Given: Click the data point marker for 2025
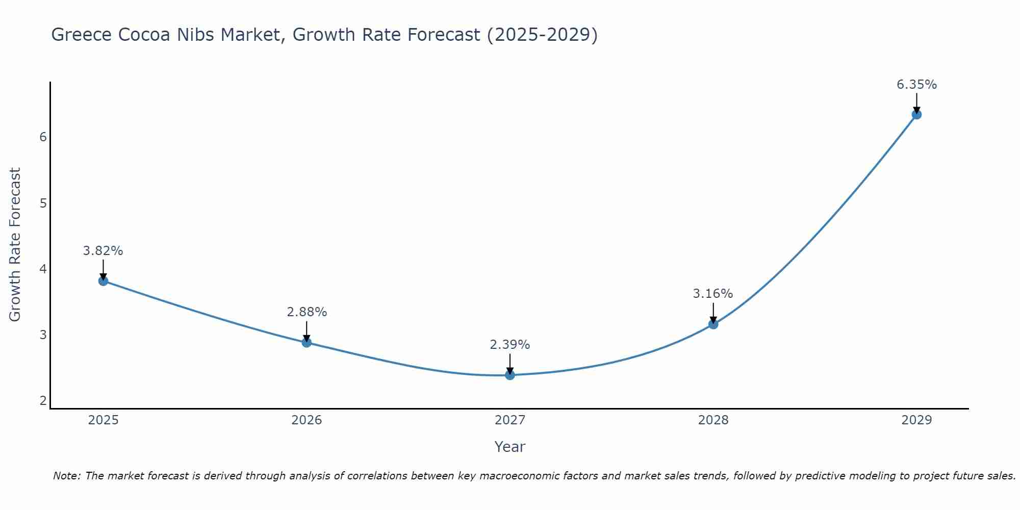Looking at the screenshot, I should tap(103, 280).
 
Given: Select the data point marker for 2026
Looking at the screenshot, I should tap(307, 342).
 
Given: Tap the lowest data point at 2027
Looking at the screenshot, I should tap(510, 375).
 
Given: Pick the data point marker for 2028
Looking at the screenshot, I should tap(713, 324).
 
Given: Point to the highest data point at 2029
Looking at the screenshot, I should tap(916, 114).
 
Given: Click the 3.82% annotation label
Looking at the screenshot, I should tap(103, 251).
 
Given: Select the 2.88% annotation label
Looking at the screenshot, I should tap(307, 312).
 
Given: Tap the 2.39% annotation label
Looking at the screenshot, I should tap(510, 345).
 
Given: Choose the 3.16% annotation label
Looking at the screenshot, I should tap(713, 294).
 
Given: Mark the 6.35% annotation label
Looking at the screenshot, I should tap(916, 85).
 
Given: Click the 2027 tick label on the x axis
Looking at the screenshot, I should tap(510, 420).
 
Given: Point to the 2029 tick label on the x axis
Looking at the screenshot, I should tap(916, 420).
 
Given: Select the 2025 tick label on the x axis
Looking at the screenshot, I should tap(103, 420).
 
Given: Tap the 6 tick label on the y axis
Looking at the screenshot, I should tap(43, 137).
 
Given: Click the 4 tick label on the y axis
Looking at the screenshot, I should tap(43, 269).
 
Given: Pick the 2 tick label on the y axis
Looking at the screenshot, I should tap(43, 401).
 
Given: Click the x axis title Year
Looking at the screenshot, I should tap(510, 447).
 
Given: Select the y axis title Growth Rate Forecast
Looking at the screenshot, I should tap(15, 245).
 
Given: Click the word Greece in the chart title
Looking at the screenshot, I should tap(81, 35).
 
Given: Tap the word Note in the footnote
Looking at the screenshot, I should tap(66, 476).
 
